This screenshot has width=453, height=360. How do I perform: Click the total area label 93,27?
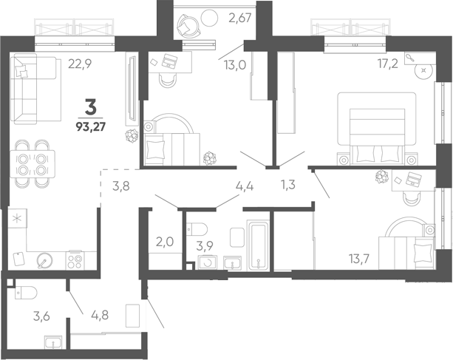91,126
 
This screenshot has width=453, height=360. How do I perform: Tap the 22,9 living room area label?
80,64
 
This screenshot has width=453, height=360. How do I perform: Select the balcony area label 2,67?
240,18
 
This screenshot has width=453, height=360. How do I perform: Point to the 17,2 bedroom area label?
388,64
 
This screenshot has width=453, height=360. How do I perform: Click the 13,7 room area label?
359,259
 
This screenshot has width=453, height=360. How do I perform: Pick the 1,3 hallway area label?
288,184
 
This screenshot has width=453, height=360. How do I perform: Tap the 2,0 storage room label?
165,242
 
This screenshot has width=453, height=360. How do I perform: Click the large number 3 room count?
90,106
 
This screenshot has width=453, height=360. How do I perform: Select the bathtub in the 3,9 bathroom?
258,245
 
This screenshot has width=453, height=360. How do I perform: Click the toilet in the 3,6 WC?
26,293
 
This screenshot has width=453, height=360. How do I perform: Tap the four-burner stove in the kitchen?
75,261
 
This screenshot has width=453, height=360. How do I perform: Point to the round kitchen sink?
44,261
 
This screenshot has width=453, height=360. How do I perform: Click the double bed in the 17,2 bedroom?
377,129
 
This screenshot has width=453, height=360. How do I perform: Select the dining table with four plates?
33,164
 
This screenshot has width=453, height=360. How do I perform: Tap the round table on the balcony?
209,18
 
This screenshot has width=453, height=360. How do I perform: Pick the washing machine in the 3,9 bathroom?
207,262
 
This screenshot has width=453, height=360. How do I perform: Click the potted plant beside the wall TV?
132,136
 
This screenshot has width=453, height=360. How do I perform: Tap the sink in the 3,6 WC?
53,343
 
